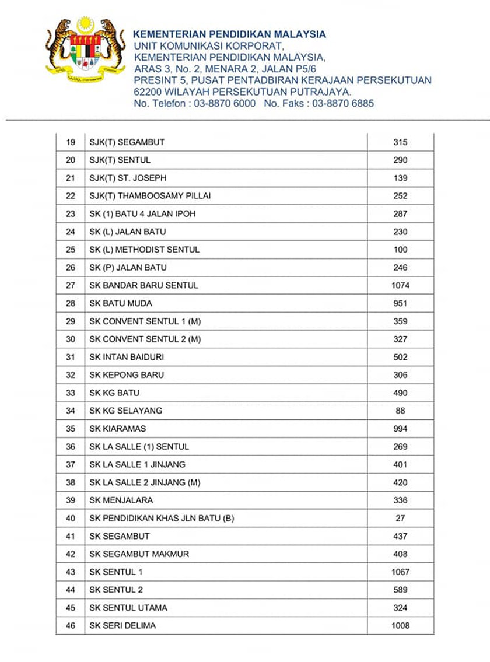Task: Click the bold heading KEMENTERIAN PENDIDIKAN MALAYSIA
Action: tap(229, 34)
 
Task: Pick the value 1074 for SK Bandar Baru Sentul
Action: tap(400, 285)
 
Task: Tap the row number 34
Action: tap(71, 411)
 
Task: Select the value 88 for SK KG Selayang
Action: tap(400, 411)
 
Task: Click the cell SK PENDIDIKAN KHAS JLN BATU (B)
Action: tap(162, 518)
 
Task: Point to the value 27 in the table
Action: tap(400, 518)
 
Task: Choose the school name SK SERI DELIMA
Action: tap(123, 626)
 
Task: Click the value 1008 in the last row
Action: tap(400, 626)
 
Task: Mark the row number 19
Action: tap(71, 142)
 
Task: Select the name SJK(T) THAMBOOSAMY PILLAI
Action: tap(150, 196)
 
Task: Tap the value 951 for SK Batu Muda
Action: tap(400, 303)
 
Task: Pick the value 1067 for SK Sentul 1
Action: tap(400, 572)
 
